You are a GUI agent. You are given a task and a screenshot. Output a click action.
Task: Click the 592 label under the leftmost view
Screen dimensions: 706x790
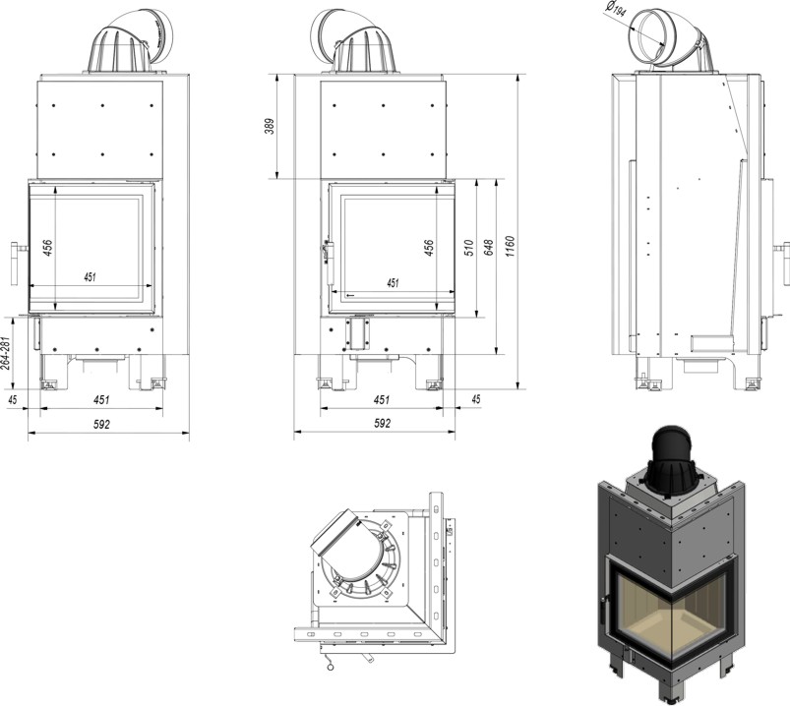tap(100, 424)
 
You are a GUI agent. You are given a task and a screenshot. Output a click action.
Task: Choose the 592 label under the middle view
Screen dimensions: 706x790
tap(383, 424)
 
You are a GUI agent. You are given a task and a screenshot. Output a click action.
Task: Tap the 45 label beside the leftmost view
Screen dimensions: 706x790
tap(13, 400)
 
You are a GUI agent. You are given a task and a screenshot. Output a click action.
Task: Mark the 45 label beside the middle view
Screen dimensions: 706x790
tap(476, 400)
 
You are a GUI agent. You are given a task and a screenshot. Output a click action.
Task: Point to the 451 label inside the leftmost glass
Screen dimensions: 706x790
tap(90, 278)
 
